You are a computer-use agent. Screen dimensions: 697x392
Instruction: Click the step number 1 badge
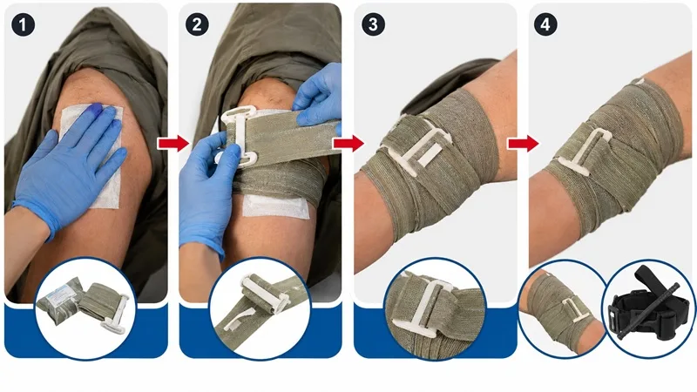24,25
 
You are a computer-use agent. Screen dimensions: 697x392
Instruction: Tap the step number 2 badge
197,25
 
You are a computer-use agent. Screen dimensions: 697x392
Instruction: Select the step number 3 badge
373,25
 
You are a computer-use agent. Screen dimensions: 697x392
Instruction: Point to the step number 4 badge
545,25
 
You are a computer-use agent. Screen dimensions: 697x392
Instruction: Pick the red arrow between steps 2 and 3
348,143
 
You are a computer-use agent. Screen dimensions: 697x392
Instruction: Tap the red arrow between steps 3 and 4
524,143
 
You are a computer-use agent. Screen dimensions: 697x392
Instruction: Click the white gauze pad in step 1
96,151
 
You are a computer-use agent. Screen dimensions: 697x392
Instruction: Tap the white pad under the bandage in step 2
275,206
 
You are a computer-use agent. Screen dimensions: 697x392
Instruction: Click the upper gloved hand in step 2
318,96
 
